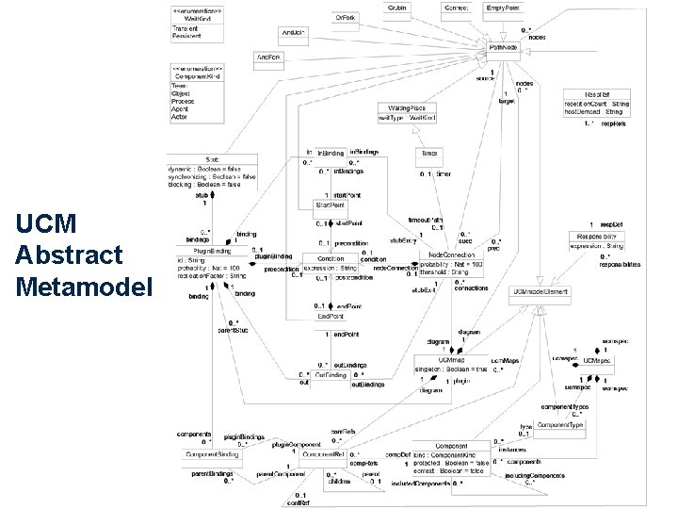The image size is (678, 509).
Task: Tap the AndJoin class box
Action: tap(295, 33)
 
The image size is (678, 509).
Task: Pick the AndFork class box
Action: tap(271, 58)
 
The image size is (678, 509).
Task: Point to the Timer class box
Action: tap(429, 153)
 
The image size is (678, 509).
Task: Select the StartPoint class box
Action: tap(330, 205)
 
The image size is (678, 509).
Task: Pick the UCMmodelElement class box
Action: tap(538, 295)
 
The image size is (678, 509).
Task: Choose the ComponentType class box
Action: tap(559, 426)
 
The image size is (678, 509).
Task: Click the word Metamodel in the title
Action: tap(84, 285)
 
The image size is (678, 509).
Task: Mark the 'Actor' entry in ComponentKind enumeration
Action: tap(180, 117)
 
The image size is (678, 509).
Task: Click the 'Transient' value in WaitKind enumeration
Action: tap(186, 28)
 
